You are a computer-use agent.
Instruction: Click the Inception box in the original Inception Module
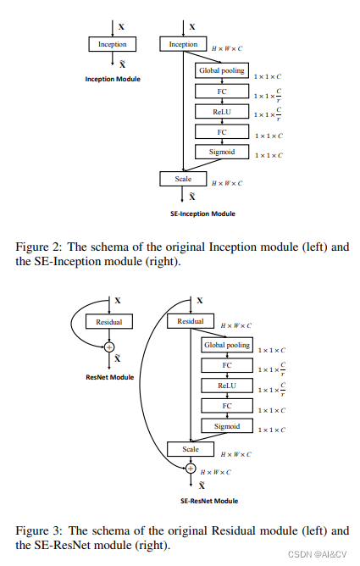112,43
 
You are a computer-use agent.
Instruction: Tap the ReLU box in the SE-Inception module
222,111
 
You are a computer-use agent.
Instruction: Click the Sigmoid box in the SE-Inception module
222,153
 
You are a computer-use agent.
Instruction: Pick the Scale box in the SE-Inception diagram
183,179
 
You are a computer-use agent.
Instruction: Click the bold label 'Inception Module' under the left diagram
112,79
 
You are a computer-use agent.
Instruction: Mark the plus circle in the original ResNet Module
109,346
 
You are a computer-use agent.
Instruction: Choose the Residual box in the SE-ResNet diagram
190,322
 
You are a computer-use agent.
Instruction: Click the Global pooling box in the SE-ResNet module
226,345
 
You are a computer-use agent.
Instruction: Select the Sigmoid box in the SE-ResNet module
226,425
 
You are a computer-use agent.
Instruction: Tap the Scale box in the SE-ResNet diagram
190,448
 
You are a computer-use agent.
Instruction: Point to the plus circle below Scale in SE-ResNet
190,468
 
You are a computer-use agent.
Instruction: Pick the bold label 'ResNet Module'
109,376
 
